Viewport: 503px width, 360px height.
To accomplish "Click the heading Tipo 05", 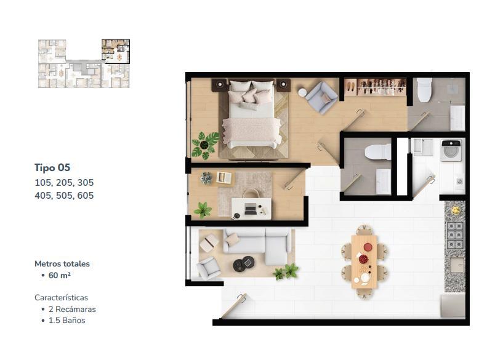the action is tap(52, 167).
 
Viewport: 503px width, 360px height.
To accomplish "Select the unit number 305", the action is tap(86, 183).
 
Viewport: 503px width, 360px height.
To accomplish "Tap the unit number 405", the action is tap(43, 196).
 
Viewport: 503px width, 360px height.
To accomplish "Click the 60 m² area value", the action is tap(59, 275).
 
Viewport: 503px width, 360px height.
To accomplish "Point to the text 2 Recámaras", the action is tap(72, 310).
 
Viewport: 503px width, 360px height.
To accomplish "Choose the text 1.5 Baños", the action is tap(66, 321).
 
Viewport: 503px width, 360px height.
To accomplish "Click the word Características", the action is tap(62, 298).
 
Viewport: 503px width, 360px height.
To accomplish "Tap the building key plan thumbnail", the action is tap(84, 63).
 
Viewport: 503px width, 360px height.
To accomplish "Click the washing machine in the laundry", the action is tap(451, 150).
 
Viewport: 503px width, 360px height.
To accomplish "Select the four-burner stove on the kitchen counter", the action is tap(455, 236).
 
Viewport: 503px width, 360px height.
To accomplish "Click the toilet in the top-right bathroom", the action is tap(424, 90).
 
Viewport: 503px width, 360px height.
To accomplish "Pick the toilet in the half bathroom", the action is tap(378, 152).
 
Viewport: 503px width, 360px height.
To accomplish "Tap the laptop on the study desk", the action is tap(251, 209).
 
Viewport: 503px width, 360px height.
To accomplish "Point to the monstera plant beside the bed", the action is tap(205, 145).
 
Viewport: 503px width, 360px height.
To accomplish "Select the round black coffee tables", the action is tap(243, 264).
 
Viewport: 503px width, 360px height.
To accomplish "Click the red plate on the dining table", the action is tap(368, 247).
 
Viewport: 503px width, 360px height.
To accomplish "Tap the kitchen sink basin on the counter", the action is tap(456, 265).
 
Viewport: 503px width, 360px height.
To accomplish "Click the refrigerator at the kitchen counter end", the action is tap(453, 305).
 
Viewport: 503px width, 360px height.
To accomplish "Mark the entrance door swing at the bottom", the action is tap(233, 305).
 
